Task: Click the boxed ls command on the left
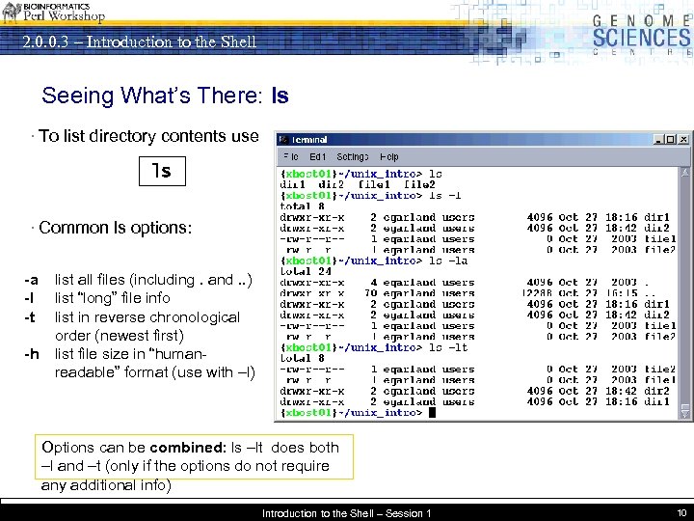click(x=161, y=171)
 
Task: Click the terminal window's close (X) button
click(x=683, y=139)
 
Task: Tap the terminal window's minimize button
click(x=658, y=139)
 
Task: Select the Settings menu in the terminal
click(x=352, y=156)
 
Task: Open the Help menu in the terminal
click(x=389, y=156)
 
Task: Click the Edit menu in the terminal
click(x=317, y=156)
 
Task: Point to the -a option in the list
click(x=32, y=280)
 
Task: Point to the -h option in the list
click(x=32, y=354)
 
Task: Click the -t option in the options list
click(x=31, y=317)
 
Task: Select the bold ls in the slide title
click(x=280, y=96)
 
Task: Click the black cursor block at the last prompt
click(x=433, y=413)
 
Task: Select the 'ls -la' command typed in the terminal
click(x=449, y=260)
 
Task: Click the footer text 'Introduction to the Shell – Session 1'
click(x=346, y=513)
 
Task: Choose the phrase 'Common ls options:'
click(x=115, y=229)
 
